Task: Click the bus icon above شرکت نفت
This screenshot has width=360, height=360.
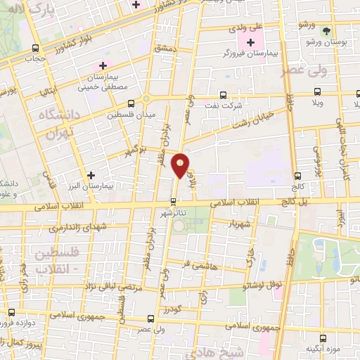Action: pyautogui.click(x=223, y=95)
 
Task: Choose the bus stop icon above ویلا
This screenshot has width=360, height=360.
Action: pyautogui.click(x=317, y=91)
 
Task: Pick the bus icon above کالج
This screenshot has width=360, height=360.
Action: pyautogui.click(x=298, y=176)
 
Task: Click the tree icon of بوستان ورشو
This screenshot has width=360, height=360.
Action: pyautogui.click(x=326, y=30)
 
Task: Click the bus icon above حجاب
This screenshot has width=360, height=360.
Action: pyautogui.click(x=35, y=49)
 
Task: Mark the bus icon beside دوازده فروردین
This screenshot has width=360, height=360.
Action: pyautogui.click(x=11, y=312)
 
